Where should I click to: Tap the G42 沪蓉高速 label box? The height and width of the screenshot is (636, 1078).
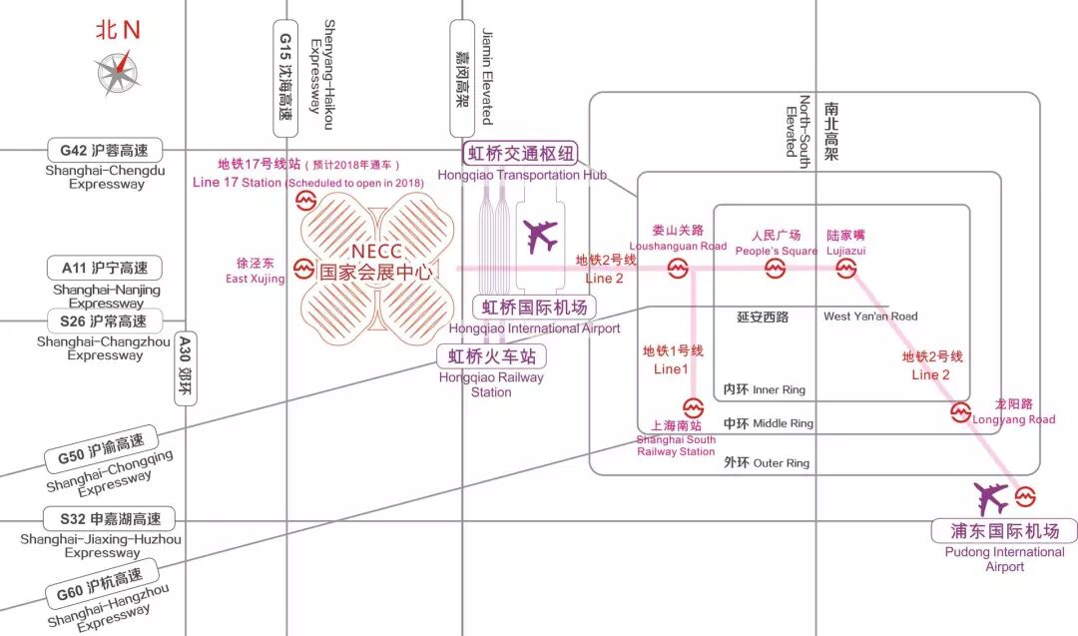click(x=104, y=150)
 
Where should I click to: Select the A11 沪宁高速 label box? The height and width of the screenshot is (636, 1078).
click(x=104, y=268)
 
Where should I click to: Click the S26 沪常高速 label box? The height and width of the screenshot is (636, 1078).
click(x=104, y=321)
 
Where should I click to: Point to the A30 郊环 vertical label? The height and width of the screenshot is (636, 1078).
click(x=185, y=368)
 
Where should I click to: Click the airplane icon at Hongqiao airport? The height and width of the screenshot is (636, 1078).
click(x=541, y=237)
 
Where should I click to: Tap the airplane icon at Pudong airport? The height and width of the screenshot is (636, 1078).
click(x=992, y=496)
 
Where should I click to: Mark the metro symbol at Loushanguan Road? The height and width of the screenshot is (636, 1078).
click(x=678, y=269)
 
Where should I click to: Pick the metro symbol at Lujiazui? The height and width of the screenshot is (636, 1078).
click(x=846, y=269)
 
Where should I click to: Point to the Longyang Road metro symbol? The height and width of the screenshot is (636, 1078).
click(x=960, y=410)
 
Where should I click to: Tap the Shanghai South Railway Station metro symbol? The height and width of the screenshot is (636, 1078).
click(x=694, y=407)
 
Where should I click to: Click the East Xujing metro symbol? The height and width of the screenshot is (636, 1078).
click(x=304, y=269)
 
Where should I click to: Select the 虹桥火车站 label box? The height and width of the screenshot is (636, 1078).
click(x=492, y=355)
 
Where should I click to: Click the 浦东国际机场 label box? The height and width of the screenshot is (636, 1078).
click(x=1005, y=530)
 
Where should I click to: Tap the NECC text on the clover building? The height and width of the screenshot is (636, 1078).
click(x=376, y=250)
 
